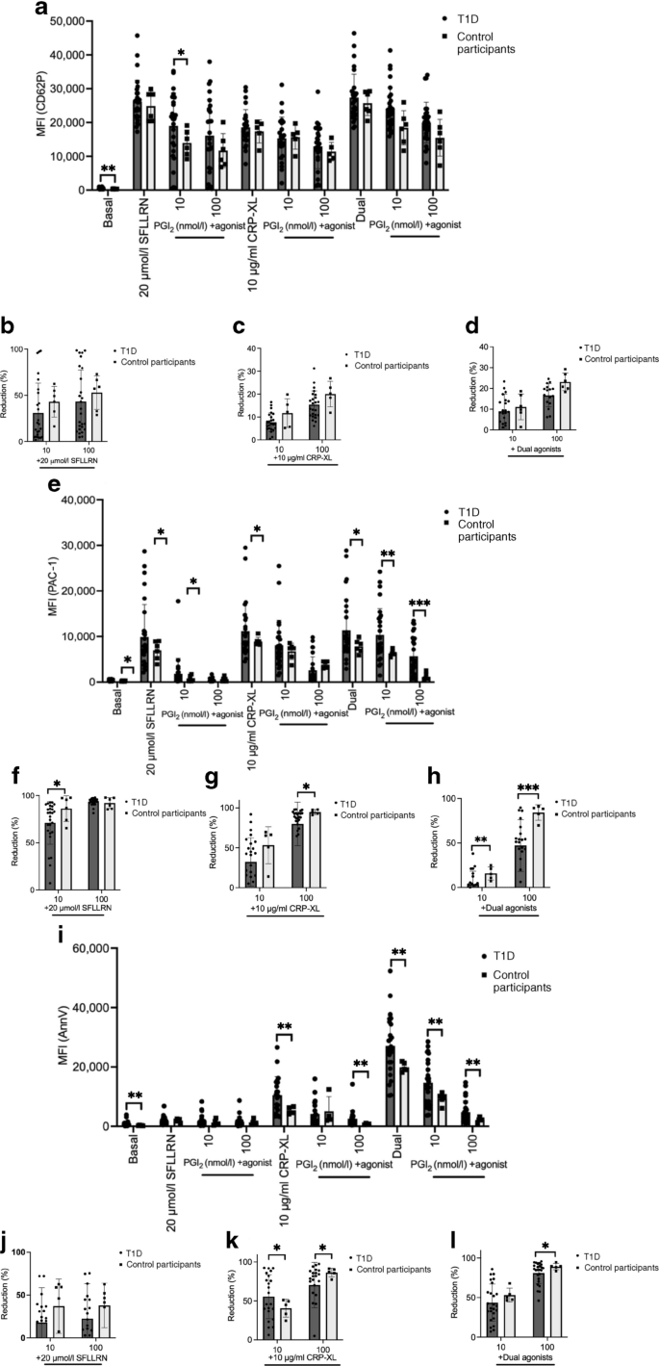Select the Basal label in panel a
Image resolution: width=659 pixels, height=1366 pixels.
point(105,209)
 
